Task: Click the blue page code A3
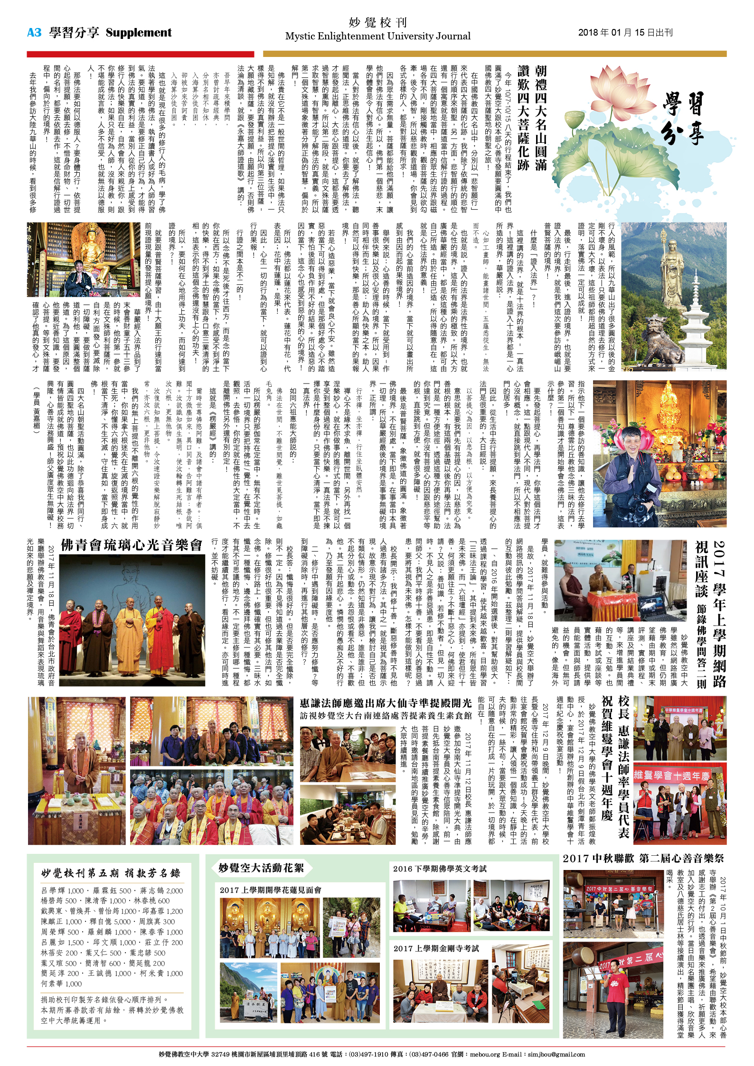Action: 34,32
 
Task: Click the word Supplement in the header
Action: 139,32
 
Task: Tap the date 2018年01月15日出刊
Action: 625,32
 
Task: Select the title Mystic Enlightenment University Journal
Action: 377,37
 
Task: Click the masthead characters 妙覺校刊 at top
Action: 377,22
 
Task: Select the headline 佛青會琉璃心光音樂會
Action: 132,545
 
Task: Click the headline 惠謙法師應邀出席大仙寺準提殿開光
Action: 386,703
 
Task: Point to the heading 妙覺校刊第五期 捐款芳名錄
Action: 111,873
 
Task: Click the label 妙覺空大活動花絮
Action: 261,868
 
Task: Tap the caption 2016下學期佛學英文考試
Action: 440,869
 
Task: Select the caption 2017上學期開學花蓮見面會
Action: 270,890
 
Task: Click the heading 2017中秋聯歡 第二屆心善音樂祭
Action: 643,858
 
